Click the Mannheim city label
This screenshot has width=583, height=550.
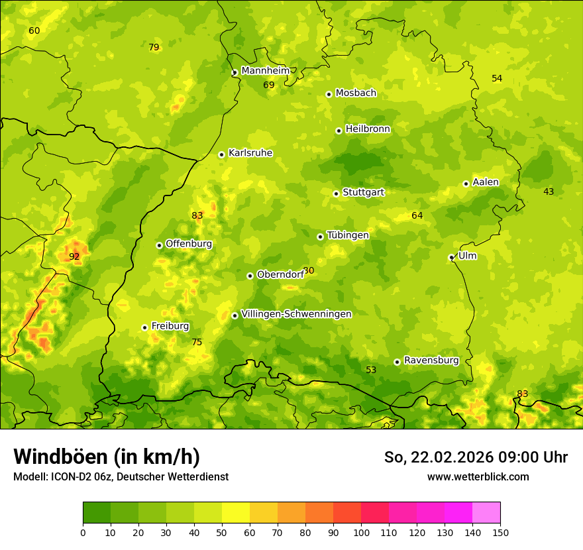[265, 71]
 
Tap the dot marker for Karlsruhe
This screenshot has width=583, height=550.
[222, 154]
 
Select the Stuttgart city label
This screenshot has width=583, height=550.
[363, 193]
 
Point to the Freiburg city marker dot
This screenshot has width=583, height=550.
[144, 327]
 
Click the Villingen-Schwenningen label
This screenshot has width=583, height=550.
[296, 314]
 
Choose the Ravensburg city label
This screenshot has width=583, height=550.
[431, 360]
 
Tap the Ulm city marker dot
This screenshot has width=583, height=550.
[452, 257]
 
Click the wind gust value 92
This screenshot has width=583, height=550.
[74, 256]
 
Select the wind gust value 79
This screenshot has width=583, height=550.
[154, 47]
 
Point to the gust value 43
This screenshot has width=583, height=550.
[549, 192]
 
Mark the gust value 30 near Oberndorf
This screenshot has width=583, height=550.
[309, 271]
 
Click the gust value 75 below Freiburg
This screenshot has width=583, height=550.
[197, 342]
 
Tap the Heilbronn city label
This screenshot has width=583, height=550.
[368, 129]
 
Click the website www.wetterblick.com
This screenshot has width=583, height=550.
[478, 476]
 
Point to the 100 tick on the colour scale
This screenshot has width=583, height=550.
[361, 532]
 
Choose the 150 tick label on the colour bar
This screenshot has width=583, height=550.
[500, 532]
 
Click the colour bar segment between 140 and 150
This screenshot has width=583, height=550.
[486, 513]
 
